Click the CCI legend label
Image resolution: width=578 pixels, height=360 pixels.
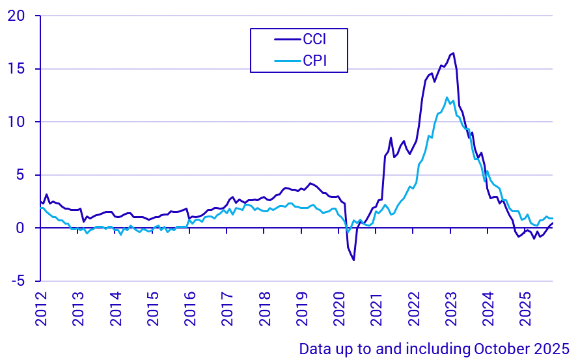click(314, 39)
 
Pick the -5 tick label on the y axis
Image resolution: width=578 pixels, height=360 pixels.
click(17, 281)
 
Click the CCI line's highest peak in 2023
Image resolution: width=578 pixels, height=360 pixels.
click(453, 53)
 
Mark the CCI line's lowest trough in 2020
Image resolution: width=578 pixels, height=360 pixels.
click(353, 260)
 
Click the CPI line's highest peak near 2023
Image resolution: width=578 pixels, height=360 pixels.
click(447, 98)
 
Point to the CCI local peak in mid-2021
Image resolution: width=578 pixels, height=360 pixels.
click(391, 138)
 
